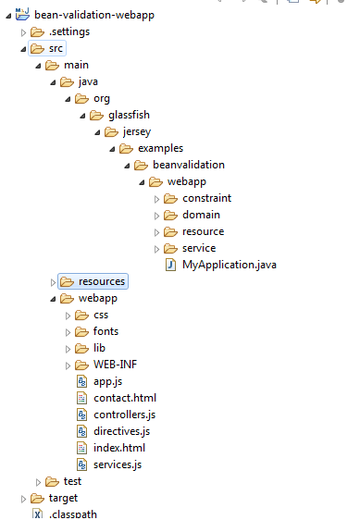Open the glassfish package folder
click(x=129, y=115)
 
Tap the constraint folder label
click(x=206, y=198)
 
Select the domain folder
click(x=201, y=215)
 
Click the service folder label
click(x=199, y=248)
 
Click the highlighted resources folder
click(x=102, y=281)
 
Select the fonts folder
click(x=106, y=331)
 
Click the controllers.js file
click(x=124, y=415)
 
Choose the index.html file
click(x=120, y=448)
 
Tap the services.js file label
click(x=118, y=464)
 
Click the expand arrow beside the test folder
click(x=38, y=481)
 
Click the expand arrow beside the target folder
click(x=23, y=498)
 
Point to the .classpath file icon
click(x=37, y=514)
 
